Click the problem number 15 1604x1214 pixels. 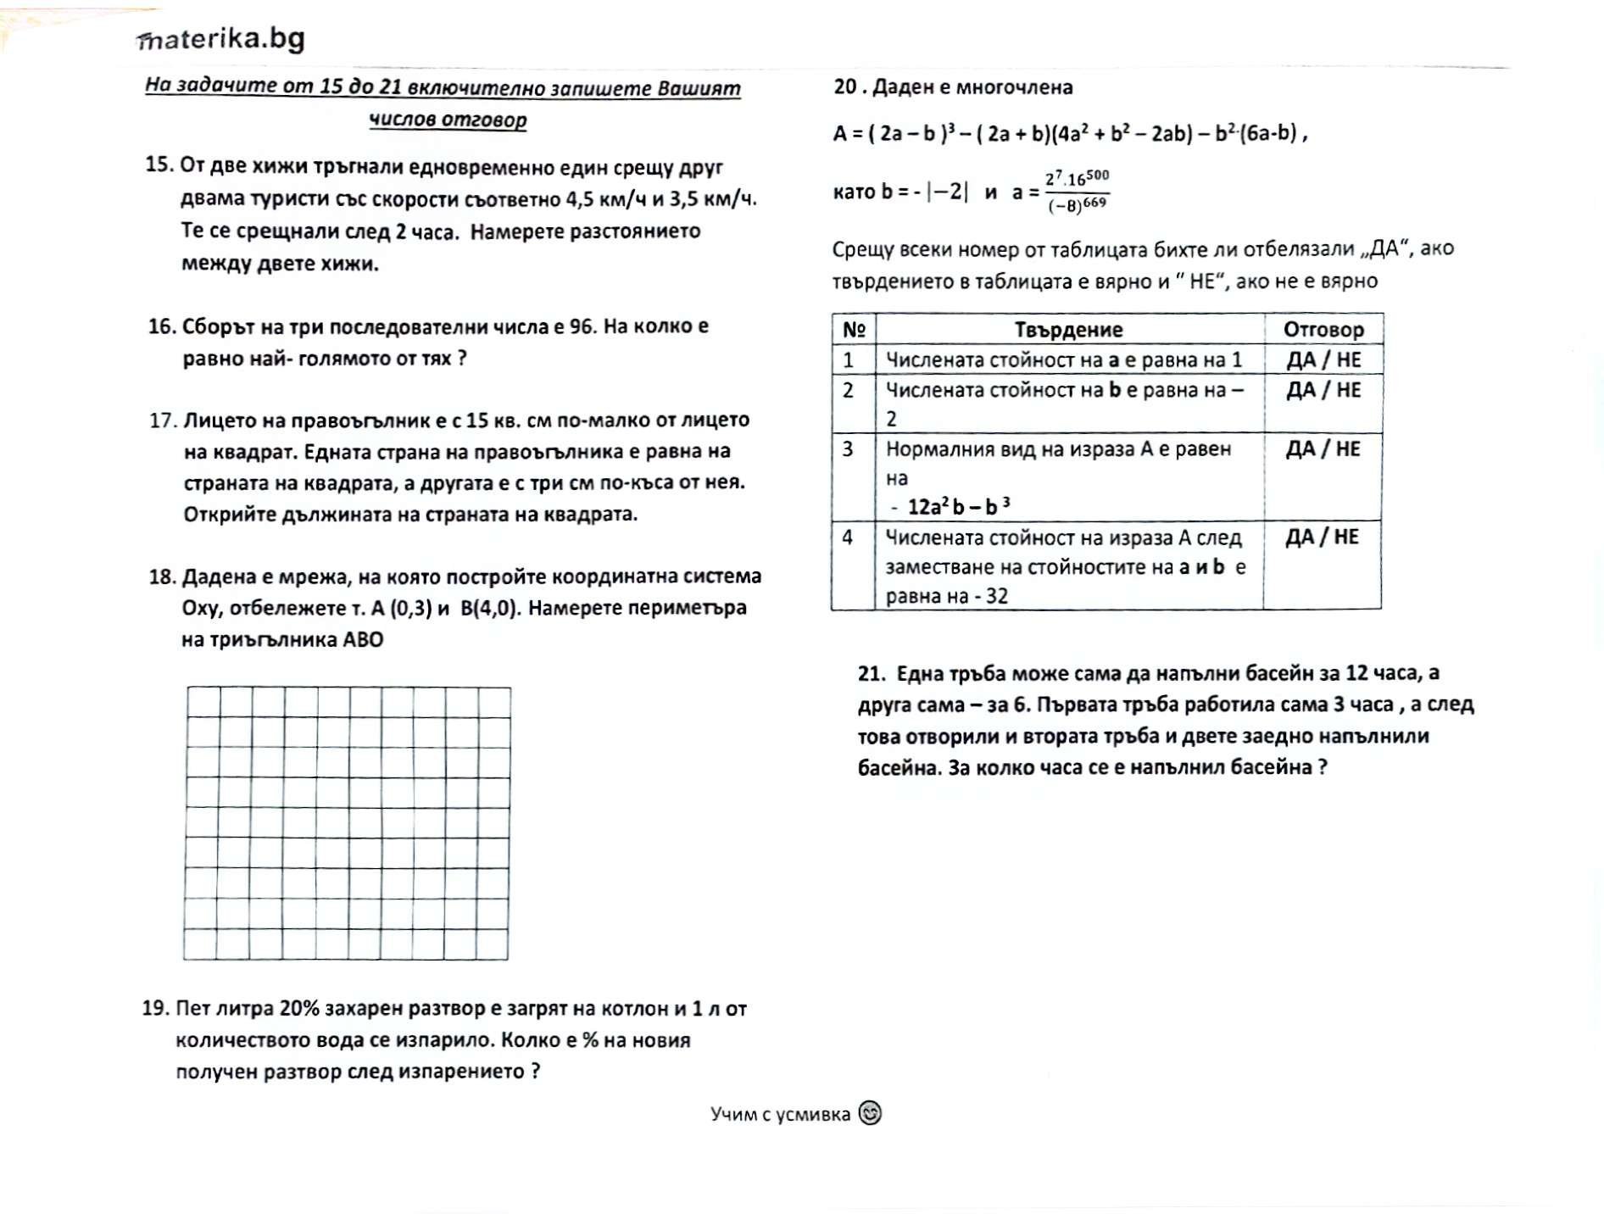[159, 164]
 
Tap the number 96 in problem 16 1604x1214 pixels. [582, 326]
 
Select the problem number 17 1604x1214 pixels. [162, 420]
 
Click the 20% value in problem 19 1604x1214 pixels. [298, 1008]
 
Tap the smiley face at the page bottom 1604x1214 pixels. [870, 1112]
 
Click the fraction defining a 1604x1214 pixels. [1077, 192]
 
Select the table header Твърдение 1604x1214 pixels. [1068, 330]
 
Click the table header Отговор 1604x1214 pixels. [1323, 330]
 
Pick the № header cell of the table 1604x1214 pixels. [854, 330]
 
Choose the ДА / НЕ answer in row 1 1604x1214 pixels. [1323, 359]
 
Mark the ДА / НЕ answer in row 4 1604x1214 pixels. [1322, 537]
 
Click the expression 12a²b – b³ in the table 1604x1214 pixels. [958, 507]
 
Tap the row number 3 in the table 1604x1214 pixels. [848, 448]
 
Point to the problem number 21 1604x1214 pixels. [872, 674]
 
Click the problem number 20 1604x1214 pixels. [846, 86]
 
